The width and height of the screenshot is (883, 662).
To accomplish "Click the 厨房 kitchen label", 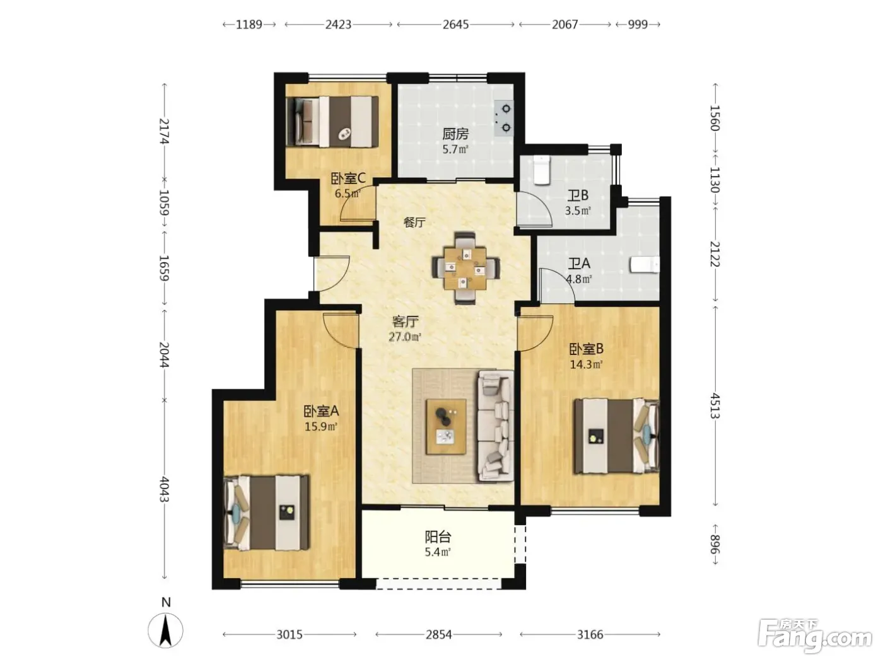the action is (x=455, y=134).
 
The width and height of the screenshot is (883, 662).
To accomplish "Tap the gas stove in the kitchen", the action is (x=503, y=119).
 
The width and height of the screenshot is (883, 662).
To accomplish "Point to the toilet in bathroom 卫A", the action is (x=645, y=265).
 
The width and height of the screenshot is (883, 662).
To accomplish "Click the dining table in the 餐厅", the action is (x=465, y=268).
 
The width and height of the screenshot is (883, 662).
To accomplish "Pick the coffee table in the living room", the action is (x=446, y=426).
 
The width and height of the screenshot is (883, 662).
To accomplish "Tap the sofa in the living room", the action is (x=495, y=426).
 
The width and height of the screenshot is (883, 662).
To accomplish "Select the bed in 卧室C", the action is (x=332, y=121).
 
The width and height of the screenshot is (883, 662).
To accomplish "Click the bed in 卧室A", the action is (x=267, y=513).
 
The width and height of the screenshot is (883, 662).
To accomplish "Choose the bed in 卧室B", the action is (x=616, y=436).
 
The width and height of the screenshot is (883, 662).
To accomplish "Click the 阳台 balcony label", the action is (x=438, y=537).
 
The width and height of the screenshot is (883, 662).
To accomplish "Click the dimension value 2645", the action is (x=455, y=25).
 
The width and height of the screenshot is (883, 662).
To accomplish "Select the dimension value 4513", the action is (x=715, y=406).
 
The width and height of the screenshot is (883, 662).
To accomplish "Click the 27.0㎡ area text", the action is (x=405, y=337).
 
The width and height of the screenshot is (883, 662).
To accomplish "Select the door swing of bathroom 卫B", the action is (x=534, y=209).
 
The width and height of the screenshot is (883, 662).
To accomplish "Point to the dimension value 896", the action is (x=715, y=545).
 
